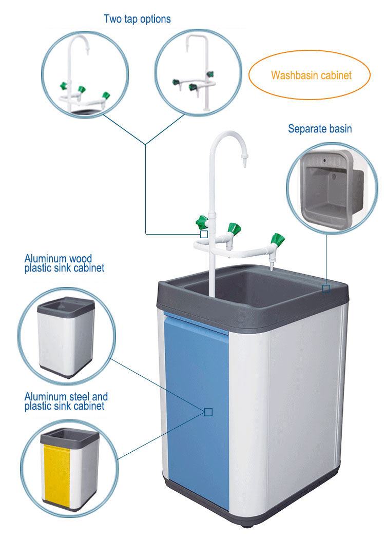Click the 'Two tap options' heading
[137, 20]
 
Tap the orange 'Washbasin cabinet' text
[311, 75]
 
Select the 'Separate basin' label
[320, 128]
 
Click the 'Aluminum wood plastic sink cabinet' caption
[64, 263]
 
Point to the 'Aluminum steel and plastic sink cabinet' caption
[66, 401]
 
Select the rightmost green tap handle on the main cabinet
[277, 240]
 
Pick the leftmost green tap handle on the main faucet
[202, 222]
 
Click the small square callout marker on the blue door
[208, 412]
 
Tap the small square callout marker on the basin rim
[326, 288]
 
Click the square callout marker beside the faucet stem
[204, 234]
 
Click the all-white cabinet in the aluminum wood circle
[66, 337]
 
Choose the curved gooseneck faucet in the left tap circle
[83, 75]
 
